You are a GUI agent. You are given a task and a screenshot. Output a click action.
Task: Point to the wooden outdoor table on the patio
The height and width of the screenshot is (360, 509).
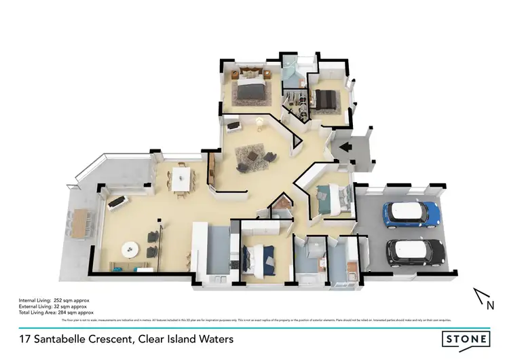pos(80,223)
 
